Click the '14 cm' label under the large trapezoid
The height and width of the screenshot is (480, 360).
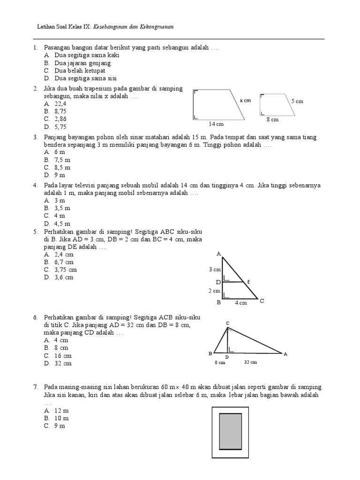tap(216, 124)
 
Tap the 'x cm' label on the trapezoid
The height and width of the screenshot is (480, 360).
tap(246, 101)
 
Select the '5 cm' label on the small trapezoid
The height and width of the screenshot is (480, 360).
tap(297, 101)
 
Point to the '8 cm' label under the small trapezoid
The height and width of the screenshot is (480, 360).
tap(272, 120)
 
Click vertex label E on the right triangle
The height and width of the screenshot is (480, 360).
tap(248, 282)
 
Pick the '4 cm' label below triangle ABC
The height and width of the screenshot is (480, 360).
tap(240, 303)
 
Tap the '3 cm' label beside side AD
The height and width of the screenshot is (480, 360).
tap(215, 270)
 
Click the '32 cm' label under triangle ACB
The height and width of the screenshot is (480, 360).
tap(250, 362)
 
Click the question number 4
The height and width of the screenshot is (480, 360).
tap(35, 185)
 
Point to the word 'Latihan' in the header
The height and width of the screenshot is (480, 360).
tap(46, 27)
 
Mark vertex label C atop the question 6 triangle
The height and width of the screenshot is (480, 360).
tap(227, 323)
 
